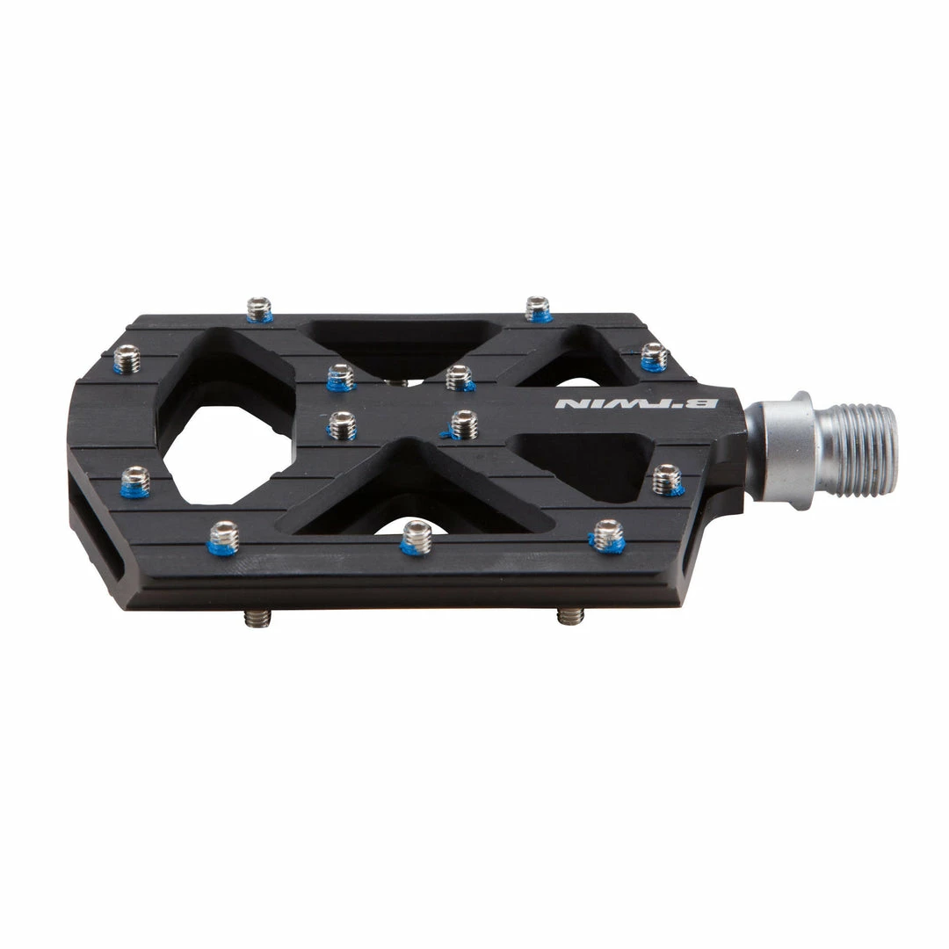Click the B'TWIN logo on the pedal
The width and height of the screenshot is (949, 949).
(637, 403)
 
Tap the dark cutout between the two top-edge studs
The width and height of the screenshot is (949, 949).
(400, 343)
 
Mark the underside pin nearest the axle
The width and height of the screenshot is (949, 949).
(570, 615)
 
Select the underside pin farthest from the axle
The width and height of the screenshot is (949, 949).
(257, 618)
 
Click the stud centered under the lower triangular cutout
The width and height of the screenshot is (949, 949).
(417, 537)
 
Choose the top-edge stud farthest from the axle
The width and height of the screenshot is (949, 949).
(258, 308)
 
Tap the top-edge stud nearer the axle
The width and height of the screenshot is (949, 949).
(538, 308)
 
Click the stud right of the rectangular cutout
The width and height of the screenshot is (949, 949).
(667, 479)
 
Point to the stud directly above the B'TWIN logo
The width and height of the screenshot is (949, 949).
(654, 356)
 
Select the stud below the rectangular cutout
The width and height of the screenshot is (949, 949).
(607, 534)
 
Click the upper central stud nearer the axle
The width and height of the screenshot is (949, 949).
(459, 377)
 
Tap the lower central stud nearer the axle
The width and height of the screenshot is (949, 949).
(463, 424)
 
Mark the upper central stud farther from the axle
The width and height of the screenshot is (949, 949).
(340, 376)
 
